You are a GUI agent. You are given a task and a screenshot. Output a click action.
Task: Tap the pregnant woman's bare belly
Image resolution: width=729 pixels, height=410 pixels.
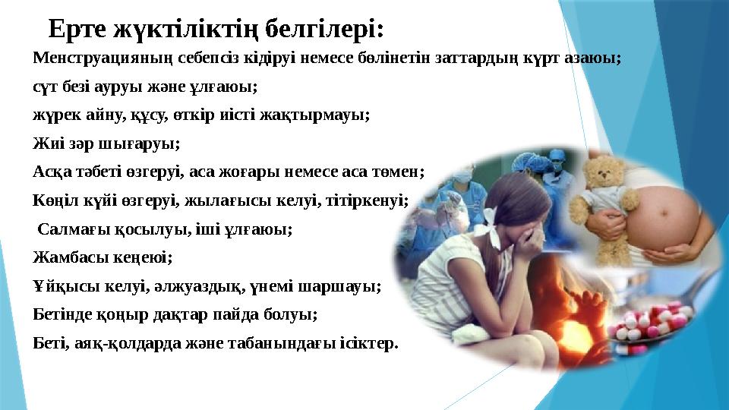[x=668, y=205]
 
